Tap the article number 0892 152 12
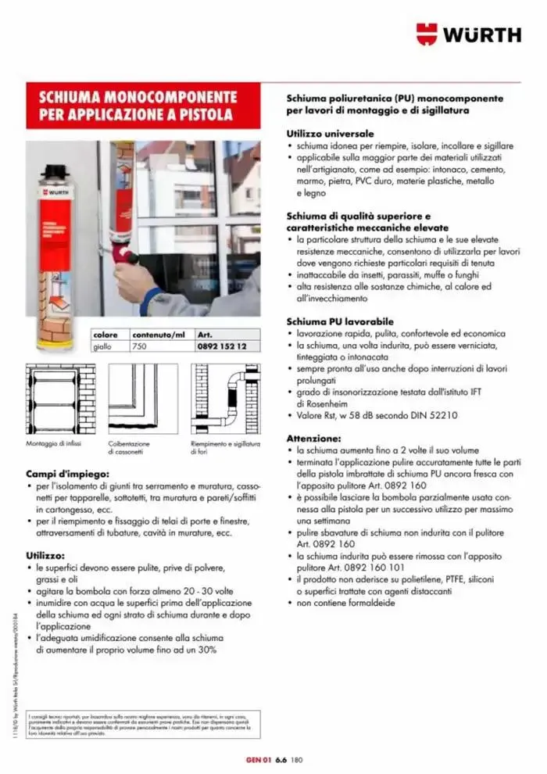click(223, 346)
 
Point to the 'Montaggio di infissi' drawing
click(61, 400)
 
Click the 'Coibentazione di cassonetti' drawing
click(142, 400)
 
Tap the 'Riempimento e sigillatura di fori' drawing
click(226, 400)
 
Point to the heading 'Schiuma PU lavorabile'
click(339, 321)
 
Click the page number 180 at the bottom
click(296, 759)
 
